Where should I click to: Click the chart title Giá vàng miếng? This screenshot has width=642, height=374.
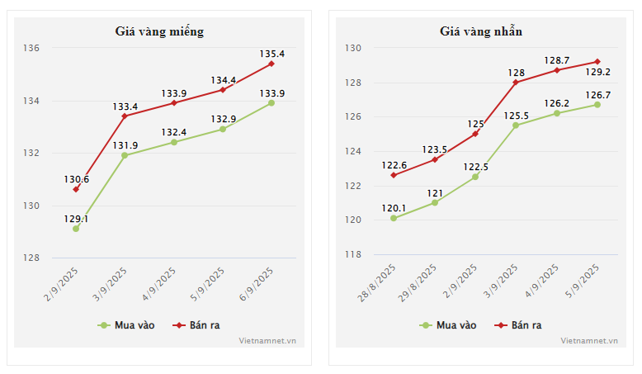click(159, 31)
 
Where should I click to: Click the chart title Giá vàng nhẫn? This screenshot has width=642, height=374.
click(480, 31)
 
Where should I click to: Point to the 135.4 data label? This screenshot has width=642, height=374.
click(271, 54)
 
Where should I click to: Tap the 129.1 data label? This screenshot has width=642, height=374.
click(76, 219)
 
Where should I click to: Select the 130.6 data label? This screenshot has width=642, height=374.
click(76, 179)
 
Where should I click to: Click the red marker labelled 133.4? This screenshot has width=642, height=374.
click(125, 116)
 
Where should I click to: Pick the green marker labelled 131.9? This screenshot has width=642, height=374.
click(125, 155)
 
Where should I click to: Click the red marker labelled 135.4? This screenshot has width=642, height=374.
click(271, 64)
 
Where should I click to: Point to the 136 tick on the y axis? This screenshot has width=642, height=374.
click(31, 49)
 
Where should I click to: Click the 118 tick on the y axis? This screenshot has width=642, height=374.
click(353, 254)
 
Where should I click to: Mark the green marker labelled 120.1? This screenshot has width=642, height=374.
click(394, 218)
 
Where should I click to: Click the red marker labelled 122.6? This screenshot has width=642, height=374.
click(394, 175)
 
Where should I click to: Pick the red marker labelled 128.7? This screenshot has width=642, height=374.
click(557, 70)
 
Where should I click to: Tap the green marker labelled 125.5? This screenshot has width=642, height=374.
click(516, 125)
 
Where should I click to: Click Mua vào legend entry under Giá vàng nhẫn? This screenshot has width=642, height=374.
click(448, 325)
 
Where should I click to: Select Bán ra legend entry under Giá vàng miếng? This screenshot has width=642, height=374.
click(195, 325)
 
